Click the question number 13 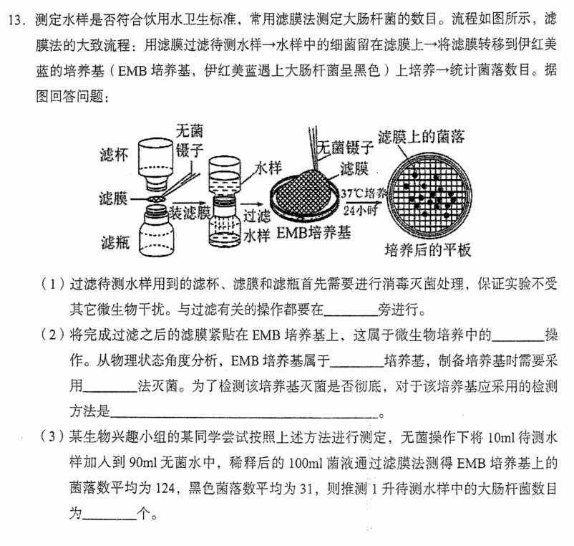(x=16, y=20)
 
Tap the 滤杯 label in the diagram (x=115, y=155)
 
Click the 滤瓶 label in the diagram (x=115, y=242)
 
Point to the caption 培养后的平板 (x=427, y=250)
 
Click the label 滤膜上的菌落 (x=422, y=137)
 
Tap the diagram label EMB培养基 (x=313, y=233)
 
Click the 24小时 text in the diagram (x=360, y=211)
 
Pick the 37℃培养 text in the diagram (x=364, y=193)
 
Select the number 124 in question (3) (x=165, y=489)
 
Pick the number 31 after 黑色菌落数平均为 (x=306, y=489)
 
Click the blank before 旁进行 (x=351, y=315)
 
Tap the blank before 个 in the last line (x=110, y=518)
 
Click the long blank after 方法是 (x=244, y=416)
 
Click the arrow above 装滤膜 (x=189, y=203)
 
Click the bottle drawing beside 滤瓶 (x=157, y=231)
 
